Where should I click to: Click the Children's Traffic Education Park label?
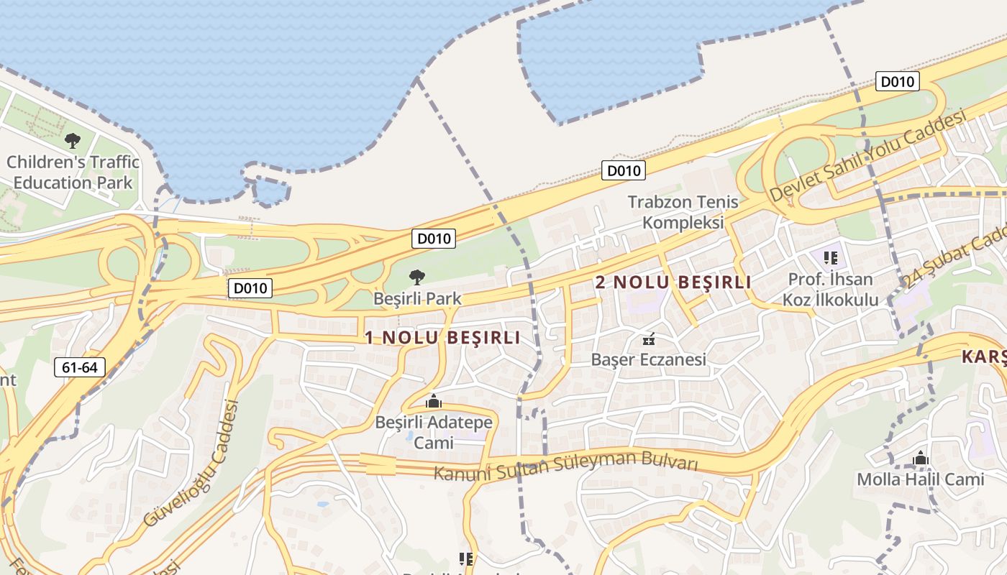click(73, 172)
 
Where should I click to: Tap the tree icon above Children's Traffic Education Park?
click(72, 140)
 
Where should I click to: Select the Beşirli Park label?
click(417, 298)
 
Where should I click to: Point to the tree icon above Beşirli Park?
click(416, 277)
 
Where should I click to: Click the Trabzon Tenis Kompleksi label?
click(683, 212)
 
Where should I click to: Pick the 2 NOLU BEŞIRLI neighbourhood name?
click(673, 282)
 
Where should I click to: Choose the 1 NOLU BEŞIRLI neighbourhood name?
click(442, 338)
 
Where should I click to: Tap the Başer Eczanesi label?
click(649, 359)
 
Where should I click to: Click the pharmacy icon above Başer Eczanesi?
click(648, 339)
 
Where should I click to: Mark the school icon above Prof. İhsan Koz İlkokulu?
click(830, 257)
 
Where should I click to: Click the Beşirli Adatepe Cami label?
click(434, 432)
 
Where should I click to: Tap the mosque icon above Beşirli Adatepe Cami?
click(433, 401)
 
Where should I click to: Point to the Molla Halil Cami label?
click(920, 479)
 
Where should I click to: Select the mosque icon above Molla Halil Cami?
click(920, 458)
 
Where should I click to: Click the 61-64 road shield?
click(79, 367)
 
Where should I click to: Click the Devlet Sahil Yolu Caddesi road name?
click(867, 156)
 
